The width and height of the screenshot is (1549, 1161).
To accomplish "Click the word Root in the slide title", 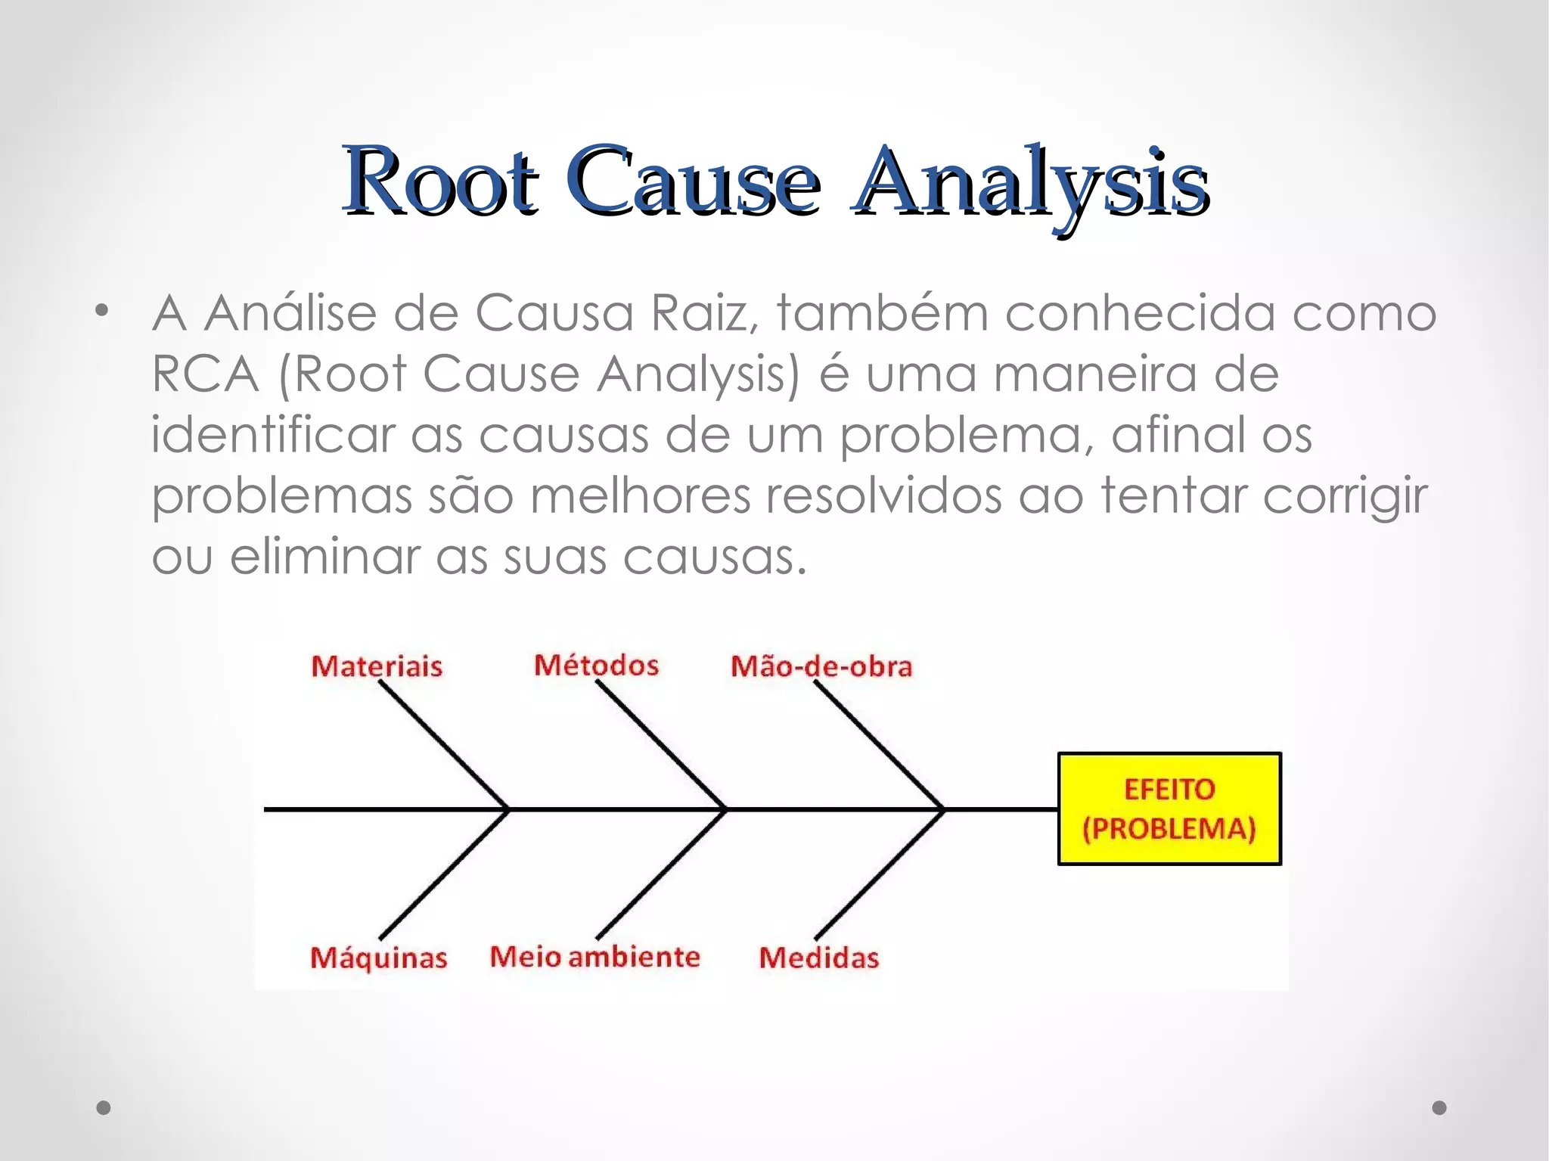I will (440, 181).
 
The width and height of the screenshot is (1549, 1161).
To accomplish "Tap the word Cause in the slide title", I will (692, 181).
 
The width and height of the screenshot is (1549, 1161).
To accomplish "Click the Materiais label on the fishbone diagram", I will (377, 666).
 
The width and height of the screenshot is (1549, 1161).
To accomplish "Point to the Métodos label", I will (596, 665).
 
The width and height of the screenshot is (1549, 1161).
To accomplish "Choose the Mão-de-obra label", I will (821, 666).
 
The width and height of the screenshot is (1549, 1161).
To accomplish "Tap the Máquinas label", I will (378, 958).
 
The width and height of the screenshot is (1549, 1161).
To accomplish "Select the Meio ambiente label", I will (594, 957).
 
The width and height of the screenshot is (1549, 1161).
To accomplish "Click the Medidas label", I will (819, 958).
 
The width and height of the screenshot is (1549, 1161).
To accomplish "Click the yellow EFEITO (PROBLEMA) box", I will (1169, 809).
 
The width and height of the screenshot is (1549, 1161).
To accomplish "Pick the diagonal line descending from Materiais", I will (443, 745).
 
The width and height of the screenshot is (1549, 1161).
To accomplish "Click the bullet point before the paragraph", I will (102, 310).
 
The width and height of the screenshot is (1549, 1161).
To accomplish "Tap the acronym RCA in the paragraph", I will (205, 374).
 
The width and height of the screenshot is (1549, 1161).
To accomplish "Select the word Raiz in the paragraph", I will (703, 312).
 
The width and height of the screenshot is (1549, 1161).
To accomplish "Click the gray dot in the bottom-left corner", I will (104, 1107).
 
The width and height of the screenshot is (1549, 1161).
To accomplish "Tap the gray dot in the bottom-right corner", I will (1439, 1107).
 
